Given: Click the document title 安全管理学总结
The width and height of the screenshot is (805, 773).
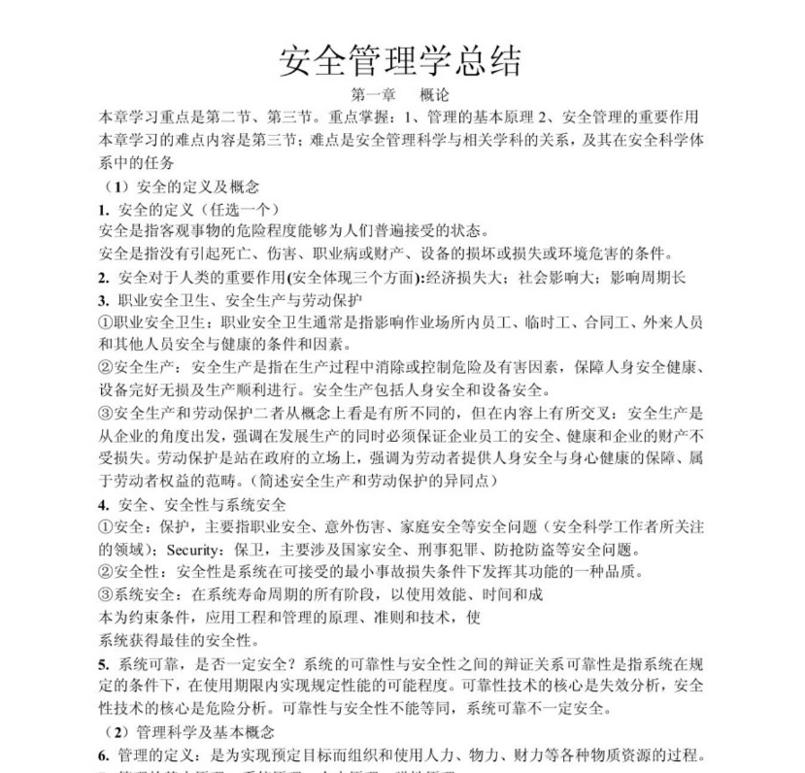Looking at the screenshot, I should pyautogui.click(x=401, y=60).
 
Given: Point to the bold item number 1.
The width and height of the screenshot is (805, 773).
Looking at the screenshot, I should pyautogui.click(x=103, y=209).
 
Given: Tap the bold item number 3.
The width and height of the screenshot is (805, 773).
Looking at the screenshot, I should pyautogui.click(x=103, y=299).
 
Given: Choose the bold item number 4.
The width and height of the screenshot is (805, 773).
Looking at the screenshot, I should pyautogui.click(x=103, y=505).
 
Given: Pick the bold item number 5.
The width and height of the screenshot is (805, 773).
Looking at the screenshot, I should pyautogui.click(x=103, y=664).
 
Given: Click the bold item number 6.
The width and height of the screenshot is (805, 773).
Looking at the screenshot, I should pyautogui.click(x=103, y=756).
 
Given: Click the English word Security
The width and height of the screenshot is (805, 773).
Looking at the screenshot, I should pyautogui.click(x=193, y=549).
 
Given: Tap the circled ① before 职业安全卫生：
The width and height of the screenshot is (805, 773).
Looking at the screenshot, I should pyautogui.click(x=107, y=322).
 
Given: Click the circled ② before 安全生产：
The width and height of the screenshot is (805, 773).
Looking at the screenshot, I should pyautogui.click(x=107, y=367).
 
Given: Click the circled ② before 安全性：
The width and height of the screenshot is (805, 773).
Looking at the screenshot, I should pyautogui.click(x=107, y=572).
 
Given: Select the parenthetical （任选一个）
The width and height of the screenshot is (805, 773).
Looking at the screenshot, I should pyautogui.click(x=232, y=209).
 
